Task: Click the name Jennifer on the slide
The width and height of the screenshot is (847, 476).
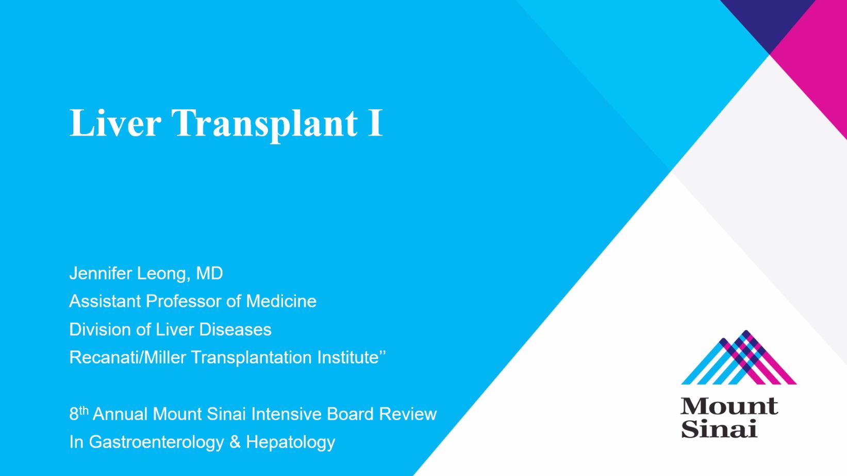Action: tap(101, 273)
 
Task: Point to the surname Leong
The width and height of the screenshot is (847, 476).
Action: tap(163, 273)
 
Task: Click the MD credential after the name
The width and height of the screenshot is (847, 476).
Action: tap(209, 273)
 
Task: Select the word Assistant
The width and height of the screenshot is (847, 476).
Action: tap(105, 301)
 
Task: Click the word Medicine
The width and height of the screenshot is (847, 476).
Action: tap(281, 301)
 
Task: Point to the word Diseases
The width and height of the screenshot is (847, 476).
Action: tap(235, 330)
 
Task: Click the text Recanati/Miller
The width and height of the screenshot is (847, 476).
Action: tap(127, 357)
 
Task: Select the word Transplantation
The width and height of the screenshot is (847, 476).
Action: tap(251, 357)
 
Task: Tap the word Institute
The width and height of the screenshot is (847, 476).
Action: tap(348, 357)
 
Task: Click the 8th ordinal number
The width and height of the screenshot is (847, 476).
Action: tap(79, 414)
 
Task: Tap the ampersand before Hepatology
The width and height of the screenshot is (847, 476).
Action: tap(235, 442)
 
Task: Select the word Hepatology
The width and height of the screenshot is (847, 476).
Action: tap(291, 442)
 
